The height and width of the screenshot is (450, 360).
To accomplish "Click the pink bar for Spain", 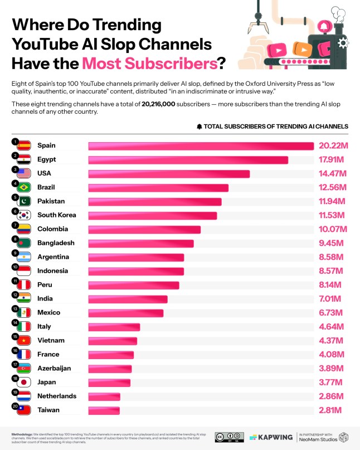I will tap(201, 146).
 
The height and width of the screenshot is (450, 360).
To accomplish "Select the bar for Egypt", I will tap(188, 159).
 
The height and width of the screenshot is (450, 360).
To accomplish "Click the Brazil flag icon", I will tap(24, 187).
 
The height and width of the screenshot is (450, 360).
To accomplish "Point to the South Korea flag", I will tap(24, 215).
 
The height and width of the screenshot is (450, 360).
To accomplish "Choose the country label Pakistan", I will tap(51, 201).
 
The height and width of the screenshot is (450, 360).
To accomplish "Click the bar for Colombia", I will tap(144, 229).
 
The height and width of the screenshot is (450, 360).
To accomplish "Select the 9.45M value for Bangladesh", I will tap(332, 243).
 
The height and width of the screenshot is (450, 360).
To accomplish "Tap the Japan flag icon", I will tap(24, 383).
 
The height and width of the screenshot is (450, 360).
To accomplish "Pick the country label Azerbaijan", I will tap(54, 369).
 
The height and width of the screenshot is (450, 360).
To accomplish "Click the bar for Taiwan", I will tap(104, 410).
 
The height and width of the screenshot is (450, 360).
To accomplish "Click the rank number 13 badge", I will tap(14, 308).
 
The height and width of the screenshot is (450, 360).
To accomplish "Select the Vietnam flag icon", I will tap(24, 341).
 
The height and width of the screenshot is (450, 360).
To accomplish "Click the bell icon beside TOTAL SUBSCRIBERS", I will tap(200, 127).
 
